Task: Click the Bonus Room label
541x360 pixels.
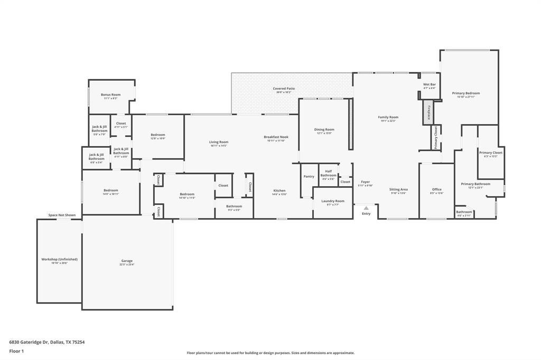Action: point(111,95)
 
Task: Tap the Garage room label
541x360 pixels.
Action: point(127,261)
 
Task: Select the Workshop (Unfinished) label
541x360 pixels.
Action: point(60,259)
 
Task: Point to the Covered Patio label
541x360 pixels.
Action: point(284,89)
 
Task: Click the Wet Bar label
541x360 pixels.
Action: point(430,84)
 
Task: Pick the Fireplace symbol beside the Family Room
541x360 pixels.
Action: point(428,113)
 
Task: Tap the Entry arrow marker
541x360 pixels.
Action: point(366,209)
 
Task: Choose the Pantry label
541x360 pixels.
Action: point(309,176)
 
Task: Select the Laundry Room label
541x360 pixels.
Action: point(333,201)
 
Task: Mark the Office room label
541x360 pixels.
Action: point(436,190)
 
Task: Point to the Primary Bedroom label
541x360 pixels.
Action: point(466,93)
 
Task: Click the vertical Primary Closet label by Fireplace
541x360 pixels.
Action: point(436,137)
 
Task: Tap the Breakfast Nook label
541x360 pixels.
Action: point(276,137)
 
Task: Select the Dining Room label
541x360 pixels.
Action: point(324,129)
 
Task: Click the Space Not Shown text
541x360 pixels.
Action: point(62,215)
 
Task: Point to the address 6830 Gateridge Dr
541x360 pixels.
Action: point(46,342)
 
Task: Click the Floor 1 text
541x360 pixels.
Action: point(17,351)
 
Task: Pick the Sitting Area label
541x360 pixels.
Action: point(398,189)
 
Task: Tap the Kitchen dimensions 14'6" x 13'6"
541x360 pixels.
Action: point(279,194)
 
